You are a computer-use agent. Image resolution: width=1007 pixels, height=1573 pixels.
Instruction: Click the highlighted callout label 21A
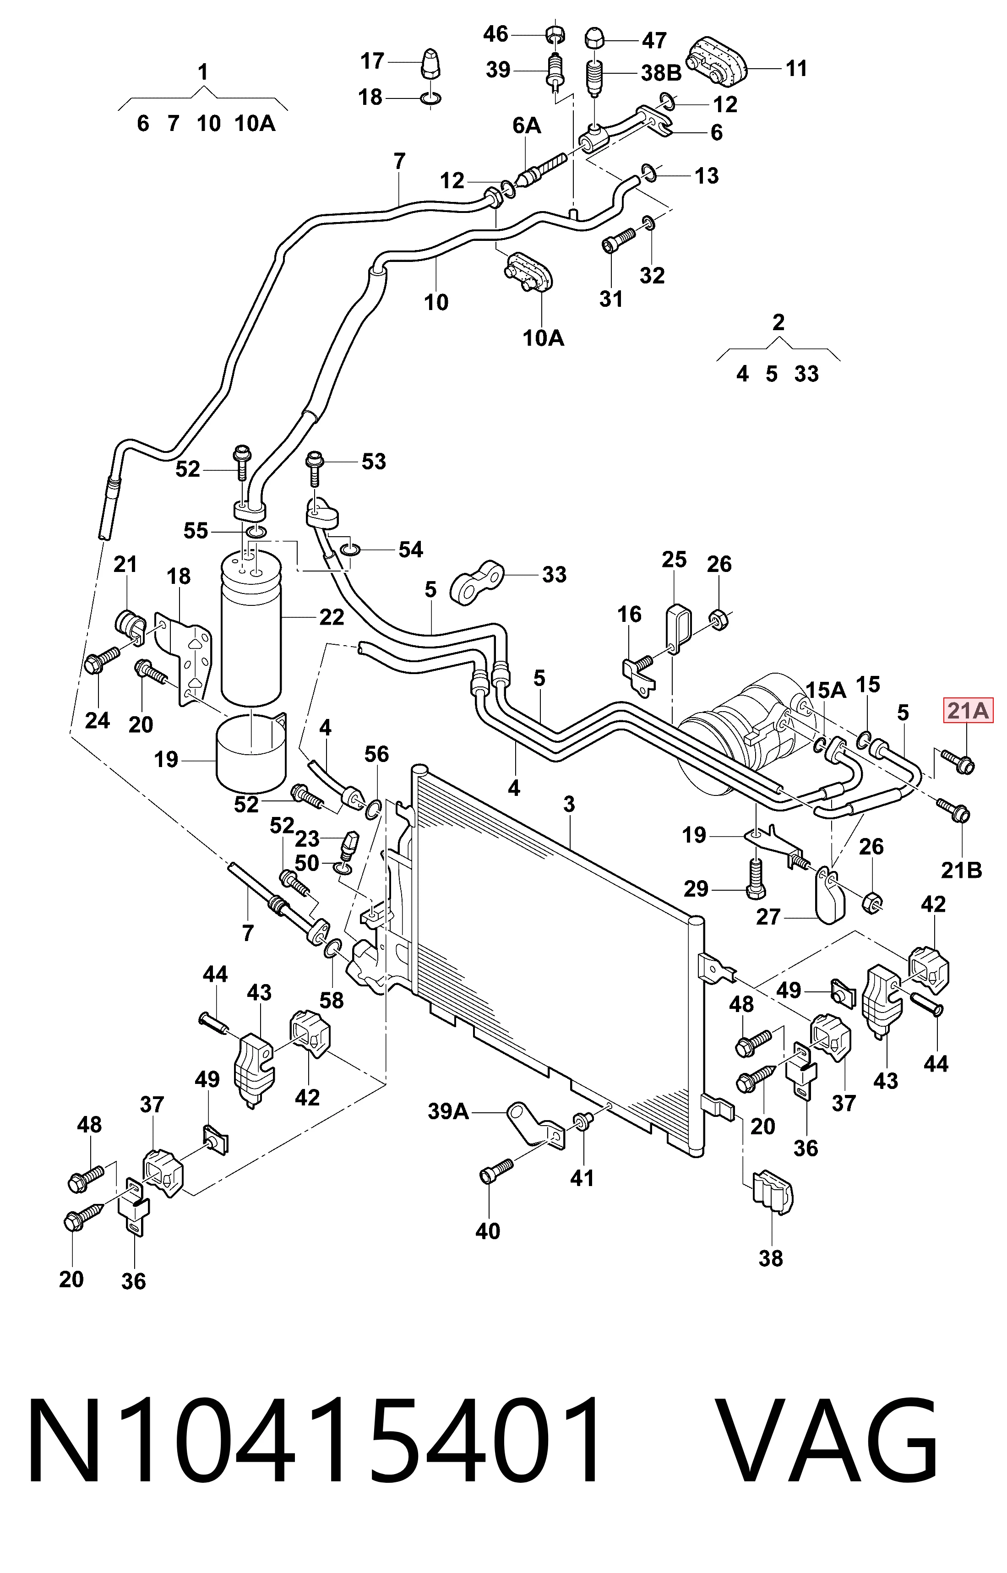click(968, 711)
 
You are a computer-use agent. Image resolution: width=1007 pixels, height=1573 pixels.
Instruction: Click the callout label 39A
click(449, 1111)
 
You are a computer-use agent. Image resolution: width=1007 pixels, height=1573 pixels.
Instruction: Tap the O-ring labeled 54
click(350, 547)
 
